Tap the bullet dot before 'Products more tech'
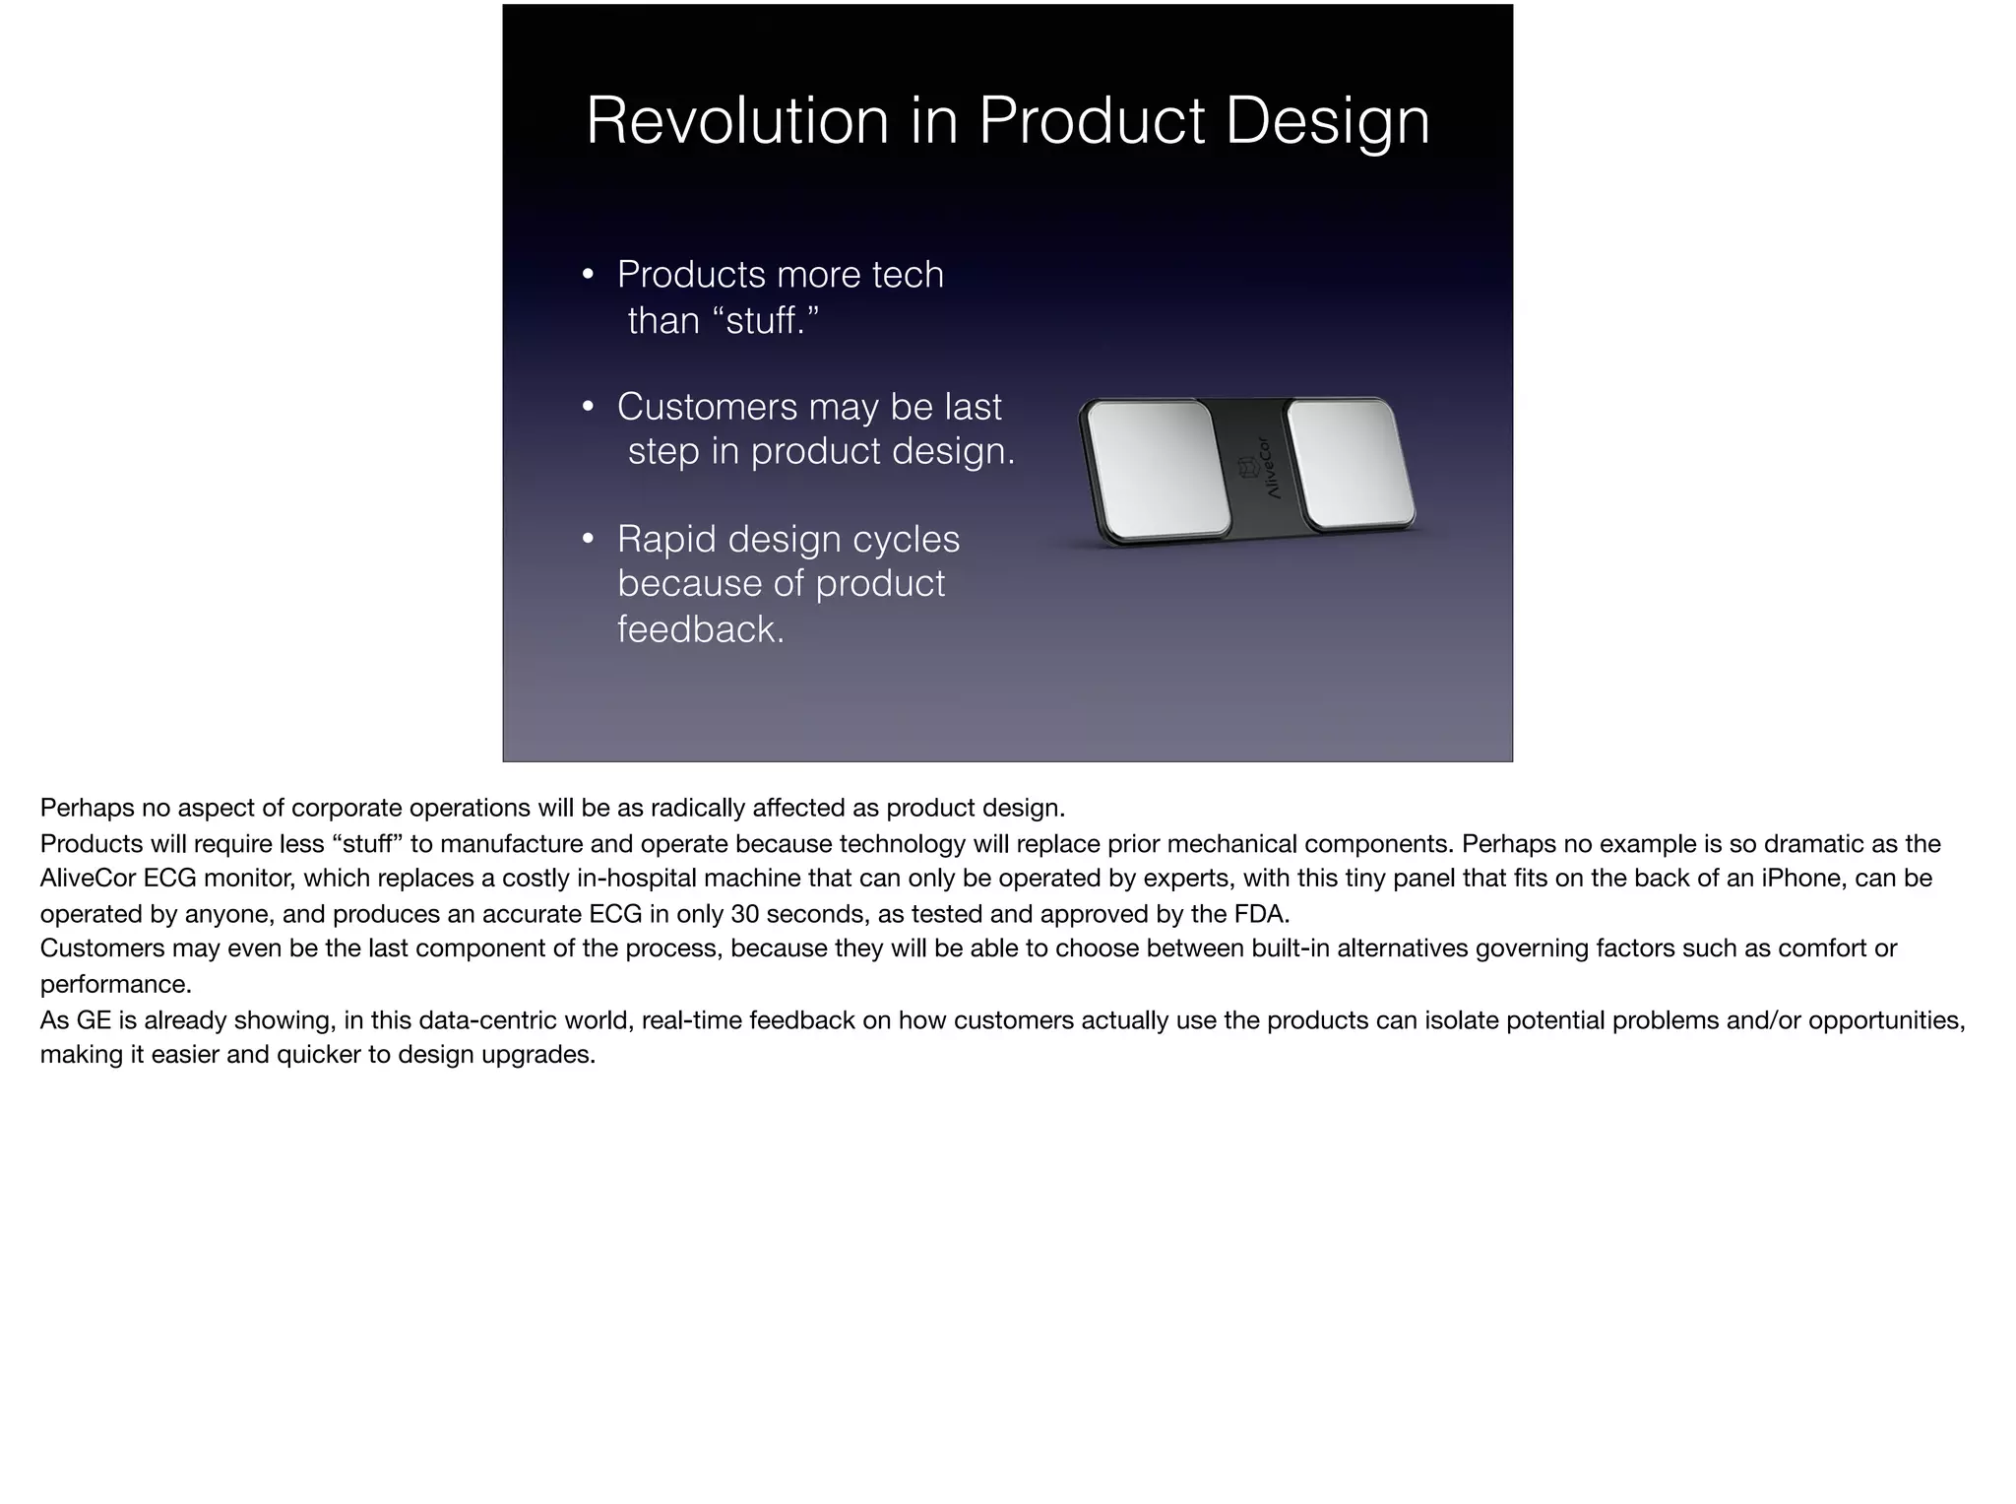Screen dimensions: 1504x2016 click(x=588, y=275)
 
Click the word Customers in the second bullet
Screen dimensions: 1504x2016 click(x=706, y=407)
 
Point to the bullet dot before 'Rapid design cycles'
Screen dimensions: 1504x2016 click(x=588, y=540)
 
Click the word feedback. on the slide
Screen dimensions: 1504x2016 click(x=700, y=629)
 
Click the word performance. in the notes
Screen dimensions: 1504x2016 click(x=115, y=985)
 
